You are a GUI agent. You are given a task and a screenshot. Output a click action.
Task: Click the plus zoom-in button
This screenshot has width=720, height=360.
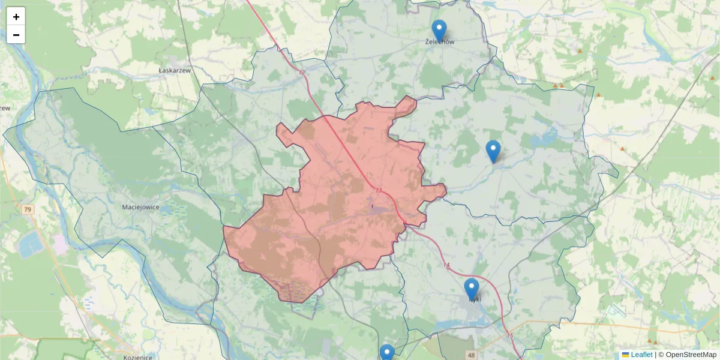pyautogui.click(x=16, y=17)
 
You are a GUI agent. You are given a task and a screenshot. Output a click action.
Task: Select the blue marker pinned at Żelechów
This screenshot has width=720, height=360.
pyautogui.click(x=439, y=31)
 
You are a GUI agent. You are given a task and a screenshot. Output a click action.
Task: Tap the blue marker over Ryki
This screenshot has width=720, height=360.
pyautogui.click(x=472, y=289)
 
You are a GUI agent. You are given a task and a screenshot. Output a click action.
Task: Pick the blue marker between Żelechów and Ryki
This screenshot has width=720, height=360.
pyautogui.click(x=493, y=151)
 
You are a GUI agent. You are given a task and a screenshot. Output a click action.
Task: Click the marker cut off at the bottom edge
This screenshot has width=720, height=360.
pyautogui.click(x=387, y=353)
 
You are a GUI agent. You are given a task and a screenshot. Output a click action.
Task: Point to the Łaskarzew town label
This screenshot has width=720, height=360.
pyautogui.click(x=175, y=70)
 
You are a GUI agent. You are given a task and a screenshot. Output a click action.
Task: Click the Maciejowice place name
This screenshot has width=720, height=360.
pyautogui.click(x=140, y=207)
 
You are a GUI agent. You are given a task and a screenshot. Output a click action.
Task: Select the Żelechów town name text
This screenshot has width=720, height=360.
pyautogui.click(x=439, y=43)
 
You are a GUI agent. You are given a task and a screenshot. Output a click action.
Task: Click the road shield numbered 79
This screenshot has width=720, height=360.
pyautogui.click(x=28, y=209)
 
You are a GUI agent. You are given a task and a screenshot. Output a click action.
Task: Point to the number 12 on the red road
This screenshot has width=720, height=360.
pyautogui.click(x=301, y=73)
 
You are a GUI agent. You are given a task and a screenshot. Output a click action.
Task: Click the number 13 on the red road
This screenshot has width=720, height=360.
pyautogui.click(x=378, y=191)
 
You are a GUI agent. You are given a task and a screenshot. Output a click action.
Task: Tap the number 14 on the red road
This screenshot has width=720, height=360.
pyautogui.click(x=446, y=265)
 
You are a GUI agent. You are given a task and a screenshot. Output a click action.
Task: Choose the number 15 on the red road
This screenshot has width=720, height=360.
pyautogui.click(x=509, y=335)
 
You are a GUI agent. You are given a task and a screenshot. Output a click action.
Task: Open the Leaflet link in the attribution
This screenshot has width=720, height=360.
pyautogui.click(x=641, y=355)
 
